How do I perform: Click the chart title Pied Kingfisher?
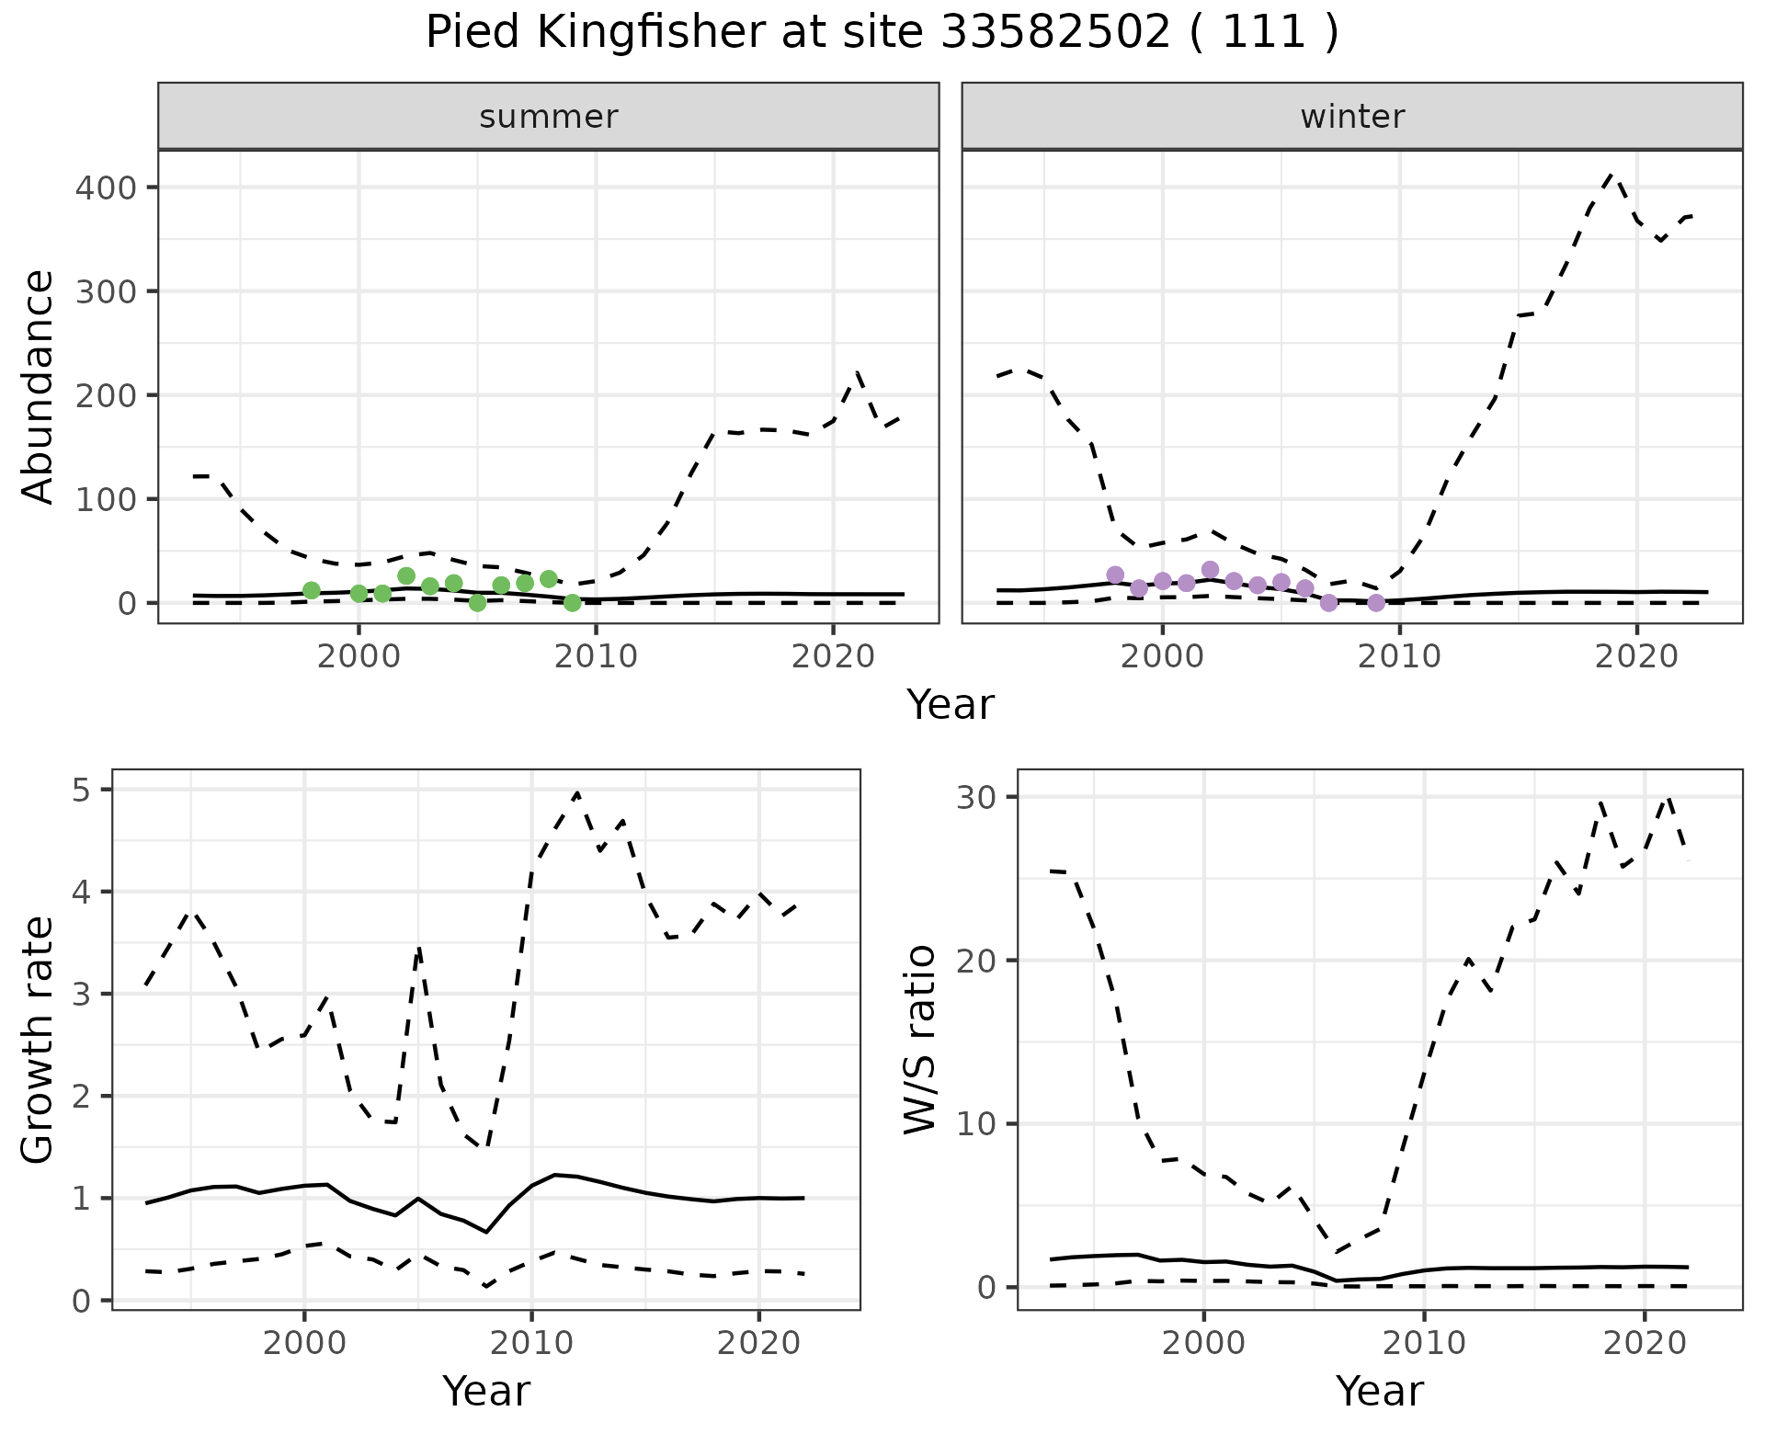click(x=882, y=33)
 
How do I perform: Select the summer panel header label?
click(x=549, y=117)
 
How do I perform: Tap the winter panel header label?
click(x=1352, y=117)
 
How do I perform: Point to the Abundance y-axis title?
click(x=39, y=387)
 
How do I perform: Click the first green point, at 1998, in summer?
click(x=312, y=590)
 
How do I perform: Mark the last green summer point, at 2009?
click(x=573, y=603)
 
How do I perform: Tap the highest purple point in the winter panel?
click(x=1210, y=570)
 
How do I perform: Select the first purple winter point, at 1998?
click(x=1115, y=575)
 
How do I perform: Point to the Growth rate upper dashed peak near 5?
click(x=576, y=792)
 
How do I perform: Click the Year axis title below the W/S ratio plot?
click(x=1379, y=1391)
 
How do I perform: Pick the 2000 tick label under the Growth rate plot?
click(x=304, y=1343)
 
